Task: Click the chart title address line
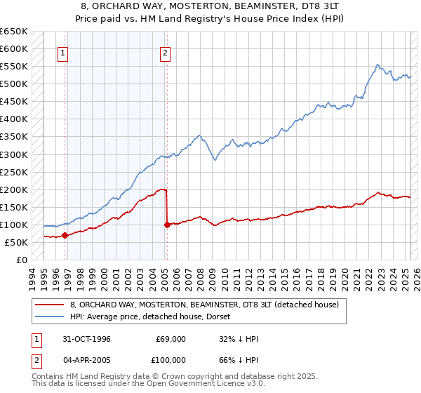click(210, 6)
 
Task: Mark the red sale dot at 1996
click(65, 236)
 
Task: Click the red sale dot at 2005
click(167, 225)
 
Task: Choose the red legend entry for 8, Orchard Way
click(204, 304)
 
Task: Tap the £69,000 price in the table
click(171, 339)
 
